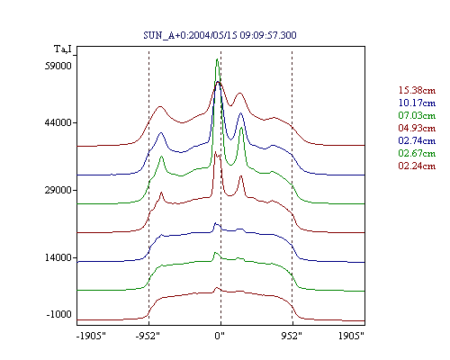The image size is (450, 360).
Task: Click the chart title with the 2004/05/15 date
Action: (x=220, y=35)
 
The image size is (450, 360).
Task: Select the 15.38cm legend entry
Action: (x=417, y=90)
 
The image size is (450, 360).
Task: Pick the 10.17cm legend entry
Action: (x=417, y=103)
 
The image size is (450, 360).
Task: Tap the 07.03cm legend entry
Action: (x=417, y=115)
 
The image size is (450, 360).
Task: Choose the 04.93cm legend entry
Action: (x=417, y=128)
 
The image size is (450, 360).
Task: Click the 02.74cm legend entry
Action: (x=417, y=140)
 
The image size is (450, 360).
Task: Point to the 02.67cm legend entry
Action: (x=417, y=153)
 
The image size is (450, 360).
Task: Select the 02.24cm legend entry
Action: (x=417, y=166)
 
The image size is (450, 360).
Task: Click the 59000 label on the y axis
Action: (x=58, y=66)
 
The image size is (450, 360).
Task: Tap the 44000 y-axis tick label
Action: (x=58, y=122)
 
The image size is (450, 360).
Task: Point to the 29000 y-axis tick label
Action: (x=58, y=190)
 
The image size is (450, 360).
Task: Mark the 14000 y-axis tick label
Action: (x=58, y=257)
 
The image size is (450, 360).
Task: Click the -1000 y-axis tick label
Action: (x=59, y=314)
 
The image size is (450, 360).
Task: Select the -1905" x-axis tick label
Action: (x=91, y=336)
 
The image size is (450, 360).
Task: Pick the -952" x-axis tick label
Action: (x=148, y=336)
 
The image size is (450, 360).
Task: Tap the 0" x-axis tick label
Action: (x=220, y=336)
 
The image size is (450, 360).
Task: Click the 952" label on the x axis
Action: (x=292, y=336)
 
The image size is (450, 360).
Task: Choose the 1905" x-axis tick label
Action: (x=351, y=336)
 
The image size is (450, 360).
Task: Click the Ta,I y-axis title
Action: (x=63, y=49)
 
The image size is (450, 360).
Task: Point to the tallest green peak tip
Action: (x=217, y=59)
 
